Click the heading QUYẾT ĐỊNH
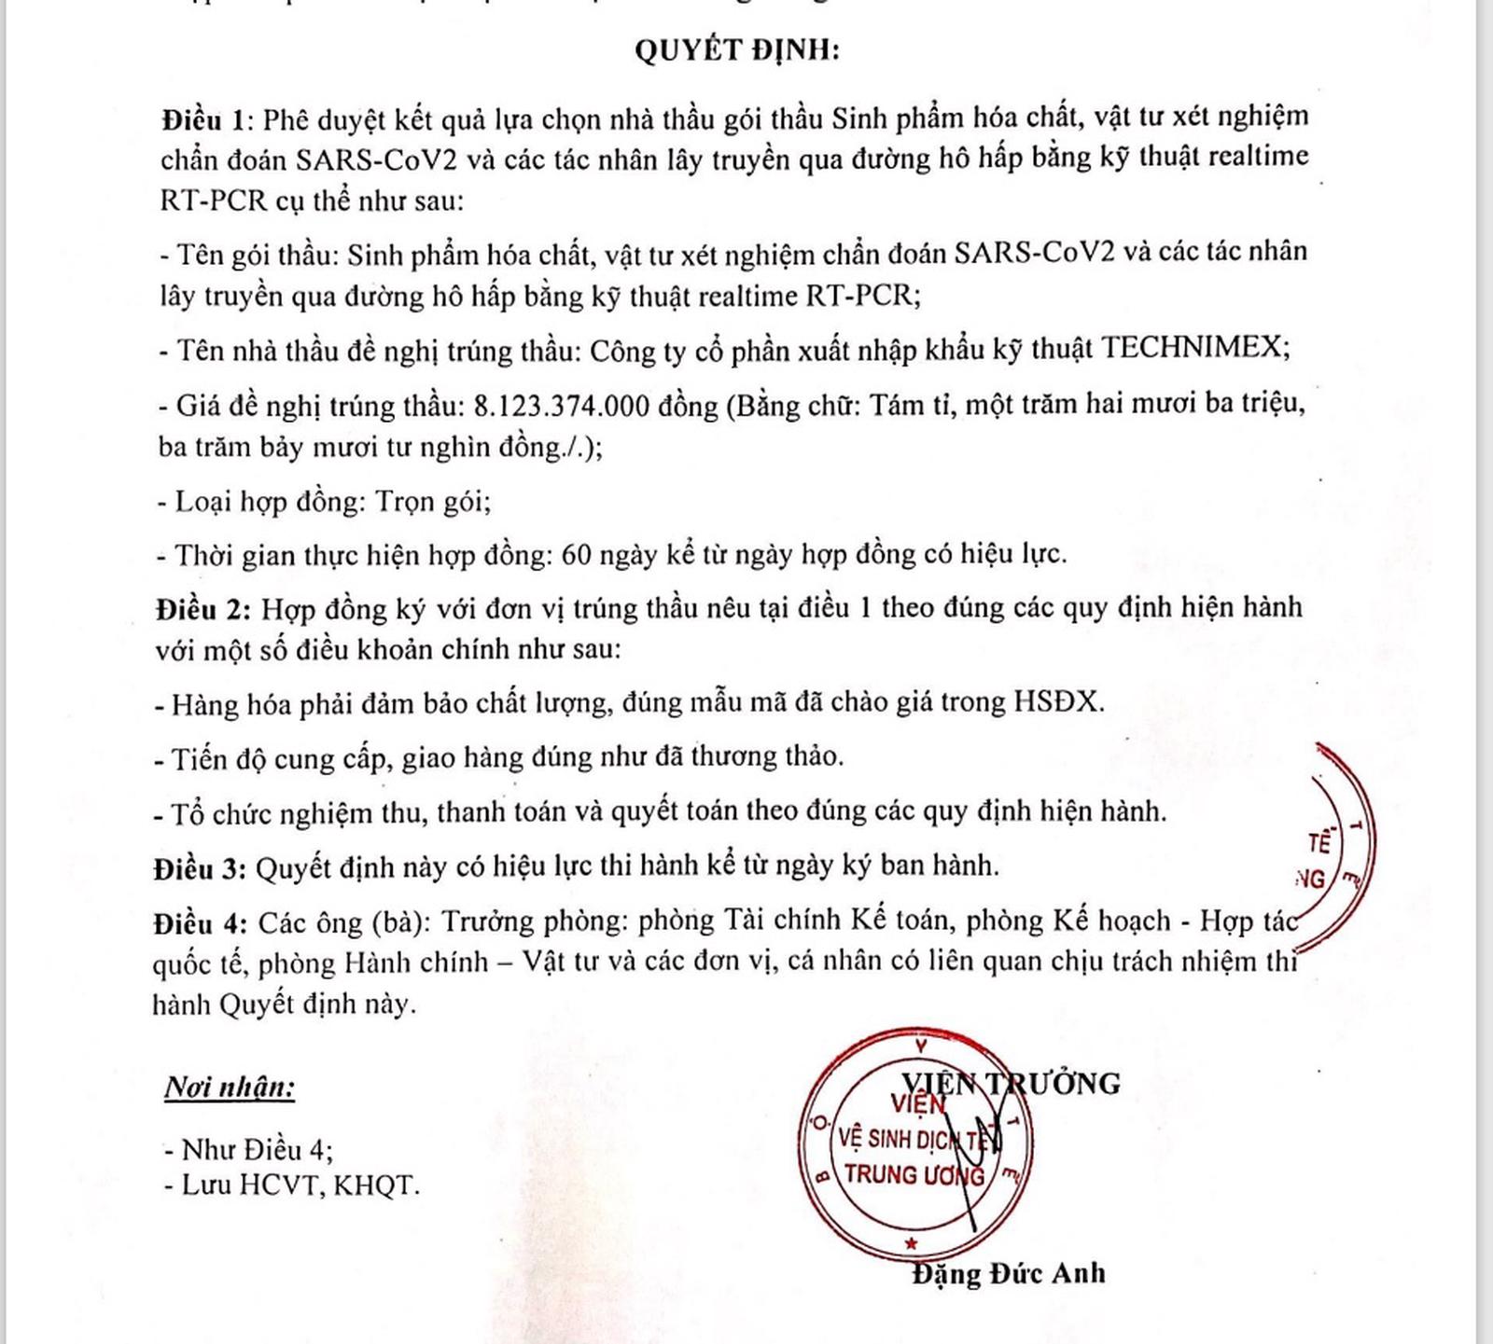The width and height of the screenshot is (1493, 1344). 737,49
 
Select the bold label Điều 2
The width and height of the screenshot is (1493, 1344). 202,610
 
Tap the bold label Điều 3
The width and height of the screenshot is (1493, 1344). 200,868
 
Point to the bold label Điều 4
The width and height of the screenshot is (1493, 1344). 200,923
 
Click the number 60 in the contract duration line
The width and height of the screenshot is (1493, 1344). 577,555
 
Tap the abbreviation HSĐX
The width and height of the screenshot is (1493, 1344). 1057,701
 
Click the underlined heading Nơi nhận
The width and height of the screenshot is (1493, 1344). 230,1087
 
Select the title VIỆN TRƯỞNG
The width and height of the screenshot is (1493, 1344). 1011,1083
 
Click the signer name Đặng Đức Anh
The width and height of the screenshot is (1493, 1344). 1009,1273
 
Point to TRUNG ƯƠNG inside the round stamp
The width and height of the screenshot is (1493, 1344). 914,1175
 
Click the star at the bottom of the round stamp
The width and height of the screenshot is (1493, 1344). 912,1243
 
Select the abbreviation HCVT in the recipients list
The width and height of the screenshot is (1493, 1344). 278,1185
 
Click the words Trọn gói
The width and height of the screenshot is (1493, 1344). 432,502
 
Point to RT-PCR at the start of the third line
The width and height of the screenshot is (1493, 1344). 214,201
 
